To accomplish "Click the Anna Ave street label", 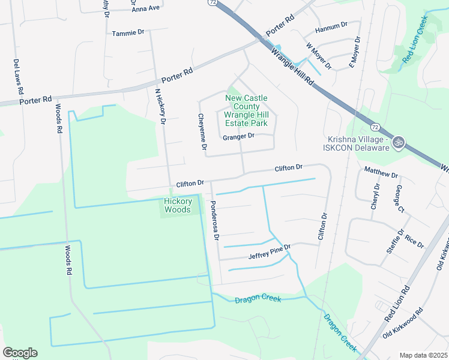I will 146,8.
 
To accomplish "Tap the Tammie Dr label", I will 128,33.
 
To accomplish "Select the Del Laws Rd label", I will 19,76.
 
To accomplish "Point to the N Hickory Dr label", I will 160,106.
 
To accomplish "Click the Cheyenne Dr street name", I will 203,132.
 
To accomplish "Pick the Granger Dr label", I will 238,136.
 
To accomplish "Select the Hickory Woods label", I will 178,205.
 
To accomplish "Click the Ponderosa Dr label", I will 214,220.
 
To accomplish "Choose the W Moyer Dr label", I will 319,56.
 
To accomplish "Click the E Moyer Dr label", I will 355,52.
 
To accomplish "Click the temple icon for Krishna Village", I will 399,143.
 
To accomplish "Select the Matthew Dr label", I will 381,174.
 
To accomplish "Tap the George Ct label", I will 398,199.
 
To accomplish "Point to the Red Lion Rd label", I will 397,302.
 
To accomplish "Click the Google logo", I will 20,353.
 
